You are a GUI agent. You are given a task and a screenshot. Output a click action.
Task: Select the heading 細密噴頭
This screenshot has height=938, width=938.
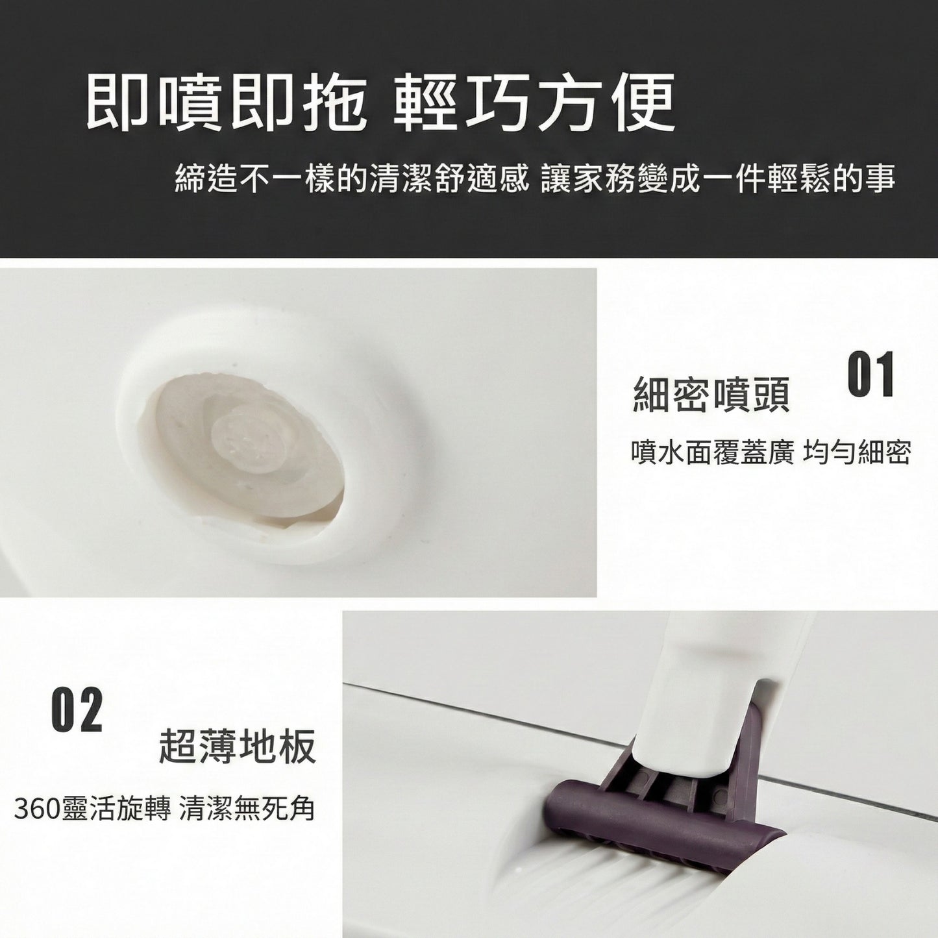point(711,394)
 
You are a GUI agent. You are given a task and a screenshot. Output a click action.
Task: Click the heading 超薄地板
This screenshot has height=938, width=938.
point(238,747)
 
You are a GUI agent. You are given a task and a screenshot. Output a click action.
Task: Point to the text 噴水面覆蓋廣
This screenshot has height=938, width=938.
point(712,452)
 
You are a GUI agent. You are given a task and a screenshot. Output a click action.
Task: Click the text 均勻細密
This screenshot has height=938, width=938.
point(857,452)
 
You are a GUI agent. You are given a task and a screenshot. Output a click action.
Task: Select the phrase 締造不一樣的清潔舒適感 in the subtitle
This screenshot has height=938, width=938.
point(352,177)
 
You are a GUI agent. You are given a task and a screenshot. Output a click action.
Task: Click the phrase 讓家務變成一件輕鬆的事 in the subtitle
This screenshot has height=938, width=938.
point(718,177)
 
